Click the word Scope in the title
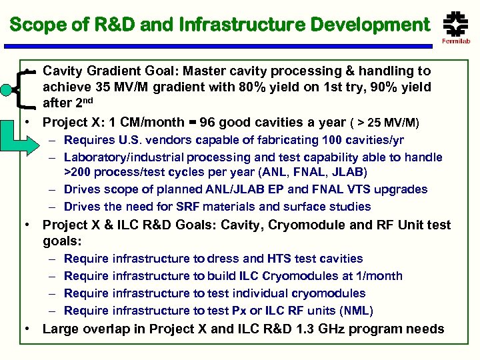[33, 25]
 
